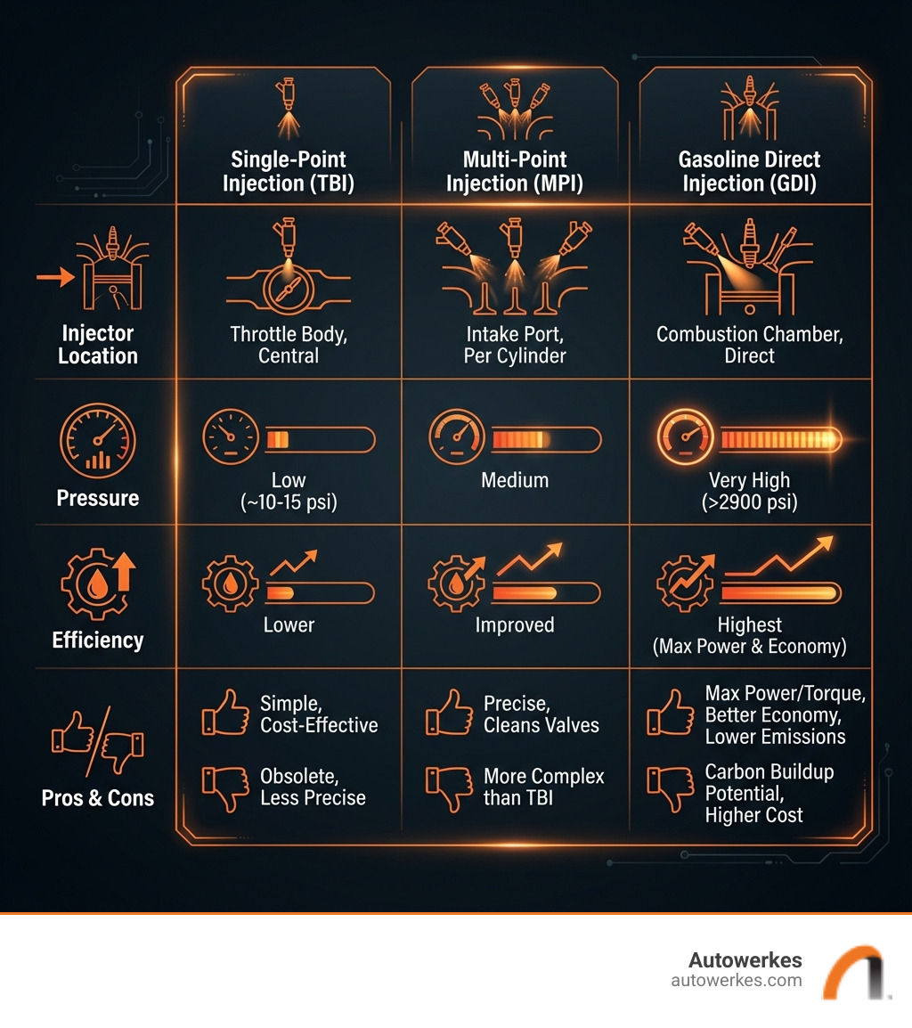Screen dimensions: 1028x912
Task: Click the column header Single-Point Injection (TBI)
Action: [289, 172]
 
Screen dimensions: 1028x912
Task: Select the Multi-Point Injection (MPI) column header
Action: [514, 172]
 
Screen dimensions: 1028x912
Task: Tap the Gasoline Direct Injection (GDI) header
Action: [749, 172]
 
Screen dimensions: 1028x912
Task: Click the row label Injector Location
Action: [98, 345]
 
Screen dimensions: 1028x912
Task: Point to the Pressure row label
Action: [98, 498]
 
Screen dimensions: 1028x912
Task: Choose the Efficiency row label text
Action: [98, 640]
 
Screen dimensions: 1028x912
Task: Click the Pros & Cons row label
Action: [98, 797]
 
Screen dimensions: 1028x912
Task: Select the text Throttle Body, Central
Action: [289, 345]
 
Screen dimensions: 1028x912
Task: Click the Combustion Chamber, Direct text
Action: [749, 345]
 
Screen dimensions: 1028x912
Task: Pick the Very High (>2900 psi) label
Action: [749, 492]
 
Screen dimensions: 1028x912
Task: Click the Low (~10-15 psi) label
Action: [289, 492]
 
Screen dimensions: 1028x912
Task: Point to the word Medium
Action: [515, 481]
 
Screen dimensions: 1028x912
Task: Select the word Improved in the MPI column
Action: [515, 625]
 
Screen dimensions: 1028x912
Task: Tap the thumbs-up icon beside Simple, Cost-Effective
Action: [224, 714]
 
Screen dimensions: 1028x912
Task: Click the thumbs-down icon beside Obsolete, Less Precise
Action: [224, 787]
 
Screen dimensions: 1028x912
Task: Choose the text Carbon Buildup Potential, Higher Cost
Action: [769, 793]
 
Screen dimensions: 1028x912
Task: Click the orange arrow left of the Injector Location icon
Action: [53, 280]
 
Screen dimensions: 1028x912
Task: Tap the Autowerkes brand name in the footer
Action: [745, 960]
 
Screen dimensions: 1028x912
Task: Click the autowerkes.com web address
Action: [736, 981]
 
